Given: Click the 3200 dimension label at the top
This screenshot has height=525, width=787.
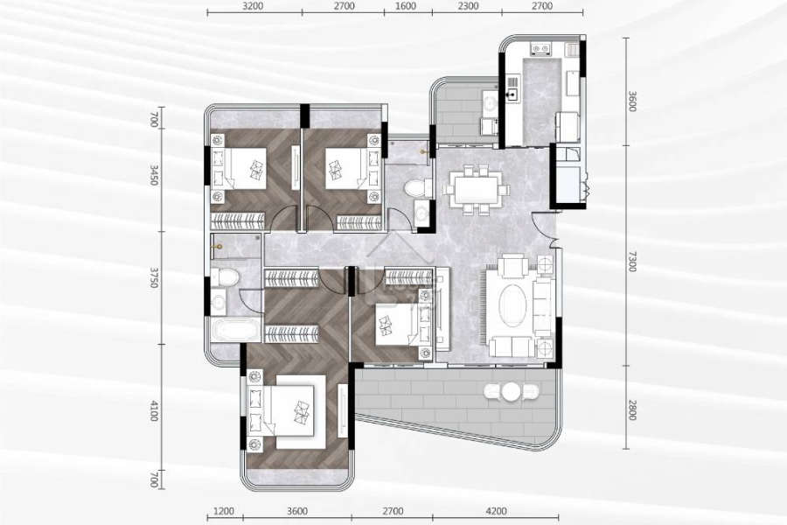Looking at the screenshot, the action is tap(253, 6).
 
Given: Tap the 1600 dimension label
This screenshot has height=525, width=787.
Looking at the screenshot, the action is tap(406, 6).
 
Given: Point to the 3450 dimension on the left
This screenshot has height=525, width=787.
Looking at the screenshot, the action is tap(154, 175).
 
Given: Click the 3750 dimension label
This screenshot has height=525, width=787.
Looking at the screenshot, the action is tap(154, 276).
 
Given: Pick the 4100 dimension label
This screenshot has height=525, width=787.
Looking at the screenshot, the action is tap(154, 410).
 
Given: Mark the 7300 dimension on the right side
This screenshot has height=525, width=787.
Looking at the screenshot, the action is tap(632, 262).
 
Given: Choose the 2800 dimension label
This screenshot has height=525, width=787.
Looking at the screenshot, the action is tap(632, 410).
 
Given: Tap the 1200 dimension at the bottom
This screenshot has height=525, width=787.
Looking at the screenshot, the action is tap(224, 511).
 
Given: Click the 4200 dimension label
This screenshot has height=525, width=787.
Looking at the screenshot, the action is tap(497, 511).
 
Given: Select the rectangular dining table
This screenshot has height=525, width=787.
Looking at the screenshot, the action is tap(476, 189).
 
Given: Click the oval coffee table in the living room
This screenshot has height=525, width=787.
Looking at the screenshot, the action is tap(512, 305).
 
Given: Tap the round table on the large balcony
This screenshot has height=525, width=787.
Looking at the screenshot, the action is tap(511, 392).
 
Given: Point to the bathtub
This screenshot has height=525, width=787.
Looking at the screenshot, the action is tap(236, 330).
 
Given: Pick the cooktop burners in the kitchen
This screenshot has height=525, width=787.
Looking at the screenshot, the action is tap(540, 49).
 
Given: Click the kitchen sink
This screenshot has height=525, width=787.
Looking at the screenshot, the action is tap(512, 94).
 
